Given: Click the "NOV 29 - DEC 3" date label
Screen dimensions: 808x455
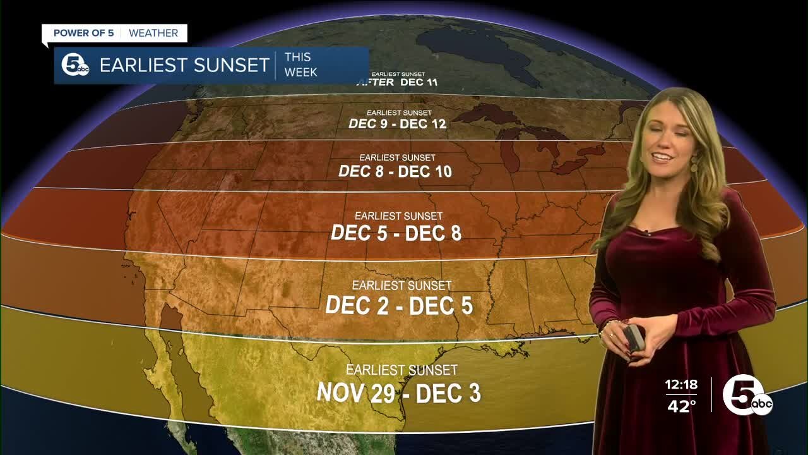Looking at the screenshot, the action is (399, 393).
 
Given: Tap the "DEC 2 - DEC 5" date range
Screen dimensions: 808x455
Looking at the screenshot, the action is (399, 306).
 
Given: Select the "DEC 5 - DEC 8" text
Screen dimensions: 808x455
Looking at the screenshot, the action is (396, 233).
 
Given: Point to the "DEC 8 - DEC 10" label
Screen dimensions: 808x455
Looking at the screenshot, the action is (395, 171).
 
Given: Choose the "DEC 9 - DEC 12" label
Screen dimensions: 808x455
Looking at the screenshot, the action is (398, 124).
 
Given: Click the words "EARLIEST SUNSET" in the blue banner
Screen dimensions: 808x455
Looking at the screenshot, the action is (184, 65).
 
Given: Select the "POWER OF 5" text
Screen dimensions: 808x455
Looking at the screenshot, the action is (84, 33).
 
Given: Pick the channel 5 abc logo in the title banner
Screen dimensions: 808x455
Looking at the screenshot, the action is (75, 65).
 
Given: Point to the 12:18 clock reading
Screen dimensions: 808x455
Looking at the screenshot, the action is (681, 384).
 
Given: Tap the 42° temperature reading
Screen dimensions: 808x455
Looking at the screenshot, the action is (682, 406).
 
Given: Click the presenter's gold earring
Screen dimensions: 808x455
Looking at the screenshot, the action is (694, 166).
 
